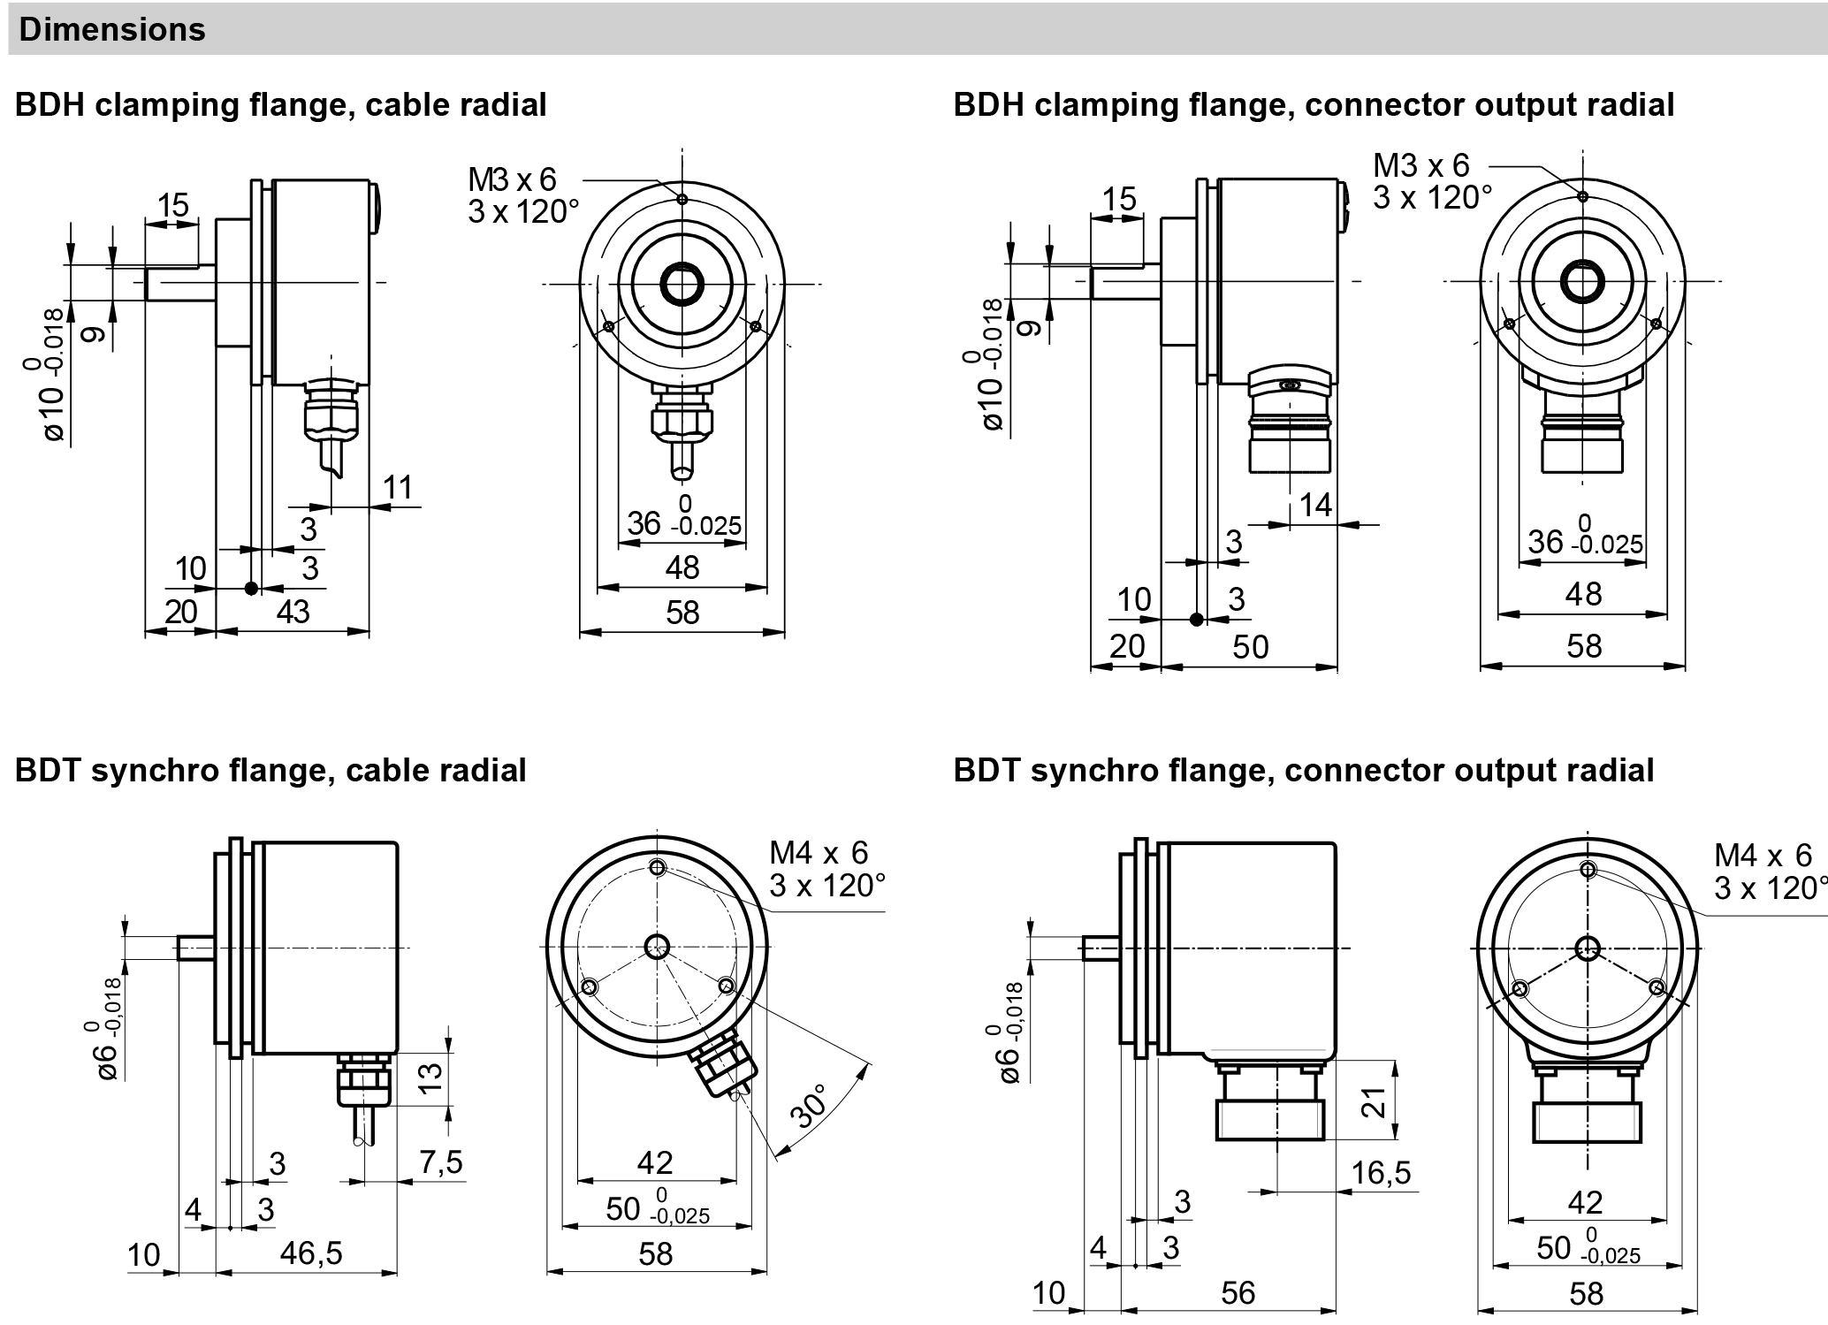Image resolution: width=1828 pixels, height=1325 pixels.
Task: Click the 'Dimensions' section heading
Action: [112, 30]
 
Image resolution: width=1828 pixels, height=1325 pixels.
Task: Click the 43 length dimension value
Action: [293, 611]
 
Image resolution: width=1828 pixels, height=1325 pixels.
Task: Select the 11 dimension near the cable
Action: [398, 487]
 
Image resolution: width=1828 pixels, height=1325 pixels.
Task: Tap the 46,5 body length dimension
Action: [310, 1253]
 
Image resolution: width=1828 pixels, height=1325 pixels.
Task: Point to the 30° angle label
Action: [811, 1106]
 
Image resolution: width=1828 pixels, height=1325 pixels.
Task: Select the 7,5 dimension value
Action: [441, 1161]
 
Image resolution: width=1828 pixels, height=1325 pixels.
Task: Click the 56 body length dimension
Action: [1238, 1292]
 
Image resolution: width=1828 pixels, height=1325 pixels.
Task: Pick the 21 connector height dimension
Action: [1375, 1101]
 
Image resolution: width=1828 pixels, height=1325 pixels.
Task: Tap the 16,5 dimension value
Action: [1382, 1173]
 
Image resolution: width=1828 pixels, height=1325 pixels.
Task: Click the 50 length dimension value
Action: [1251, 647]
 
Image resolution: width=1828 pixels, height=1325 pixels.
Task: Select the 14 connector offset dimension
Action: [1315, 505]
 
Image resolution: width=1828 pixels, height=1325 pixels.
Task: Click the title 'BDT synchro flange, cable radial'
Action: [270, 770]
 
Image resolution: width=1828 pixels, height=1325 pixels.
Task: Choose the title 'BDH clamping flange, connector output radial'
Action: [1314, 105]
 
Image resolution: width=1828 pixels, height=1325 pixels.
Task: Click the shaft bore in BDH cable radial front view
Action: [682, 284]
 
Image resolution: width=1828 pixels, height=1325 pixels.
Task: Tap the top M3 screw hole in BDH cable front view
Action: [682, 199]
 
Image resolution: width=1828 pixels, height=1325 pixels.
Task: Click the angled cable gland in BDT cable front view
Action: [726, 1066]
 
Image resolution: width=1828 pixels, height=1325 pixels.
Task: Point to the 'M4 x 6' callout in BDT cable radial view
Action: [819, 852]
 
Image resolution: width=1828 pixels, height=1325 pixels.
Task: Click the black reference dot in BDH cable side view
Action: [252, 588]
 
